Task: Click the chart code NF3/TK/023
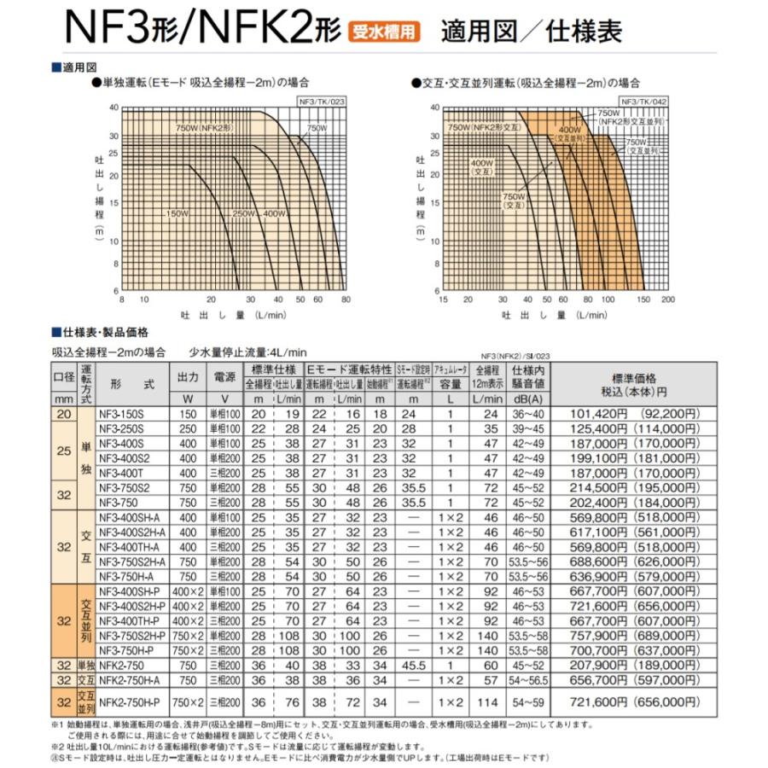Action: [x=325, y=100]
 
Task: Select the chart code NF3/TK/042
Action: [x=645, y=100]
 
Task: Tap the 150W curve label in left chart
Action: [x=177, y=212]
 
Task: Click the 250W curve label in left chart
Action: [x=244, y=212]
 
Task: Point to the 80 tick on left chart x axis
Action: [x=346, y=300]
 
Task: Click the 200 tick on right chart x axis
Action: [x=668, y=300]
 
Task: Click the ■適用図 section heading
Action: [x=77, y=67]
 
